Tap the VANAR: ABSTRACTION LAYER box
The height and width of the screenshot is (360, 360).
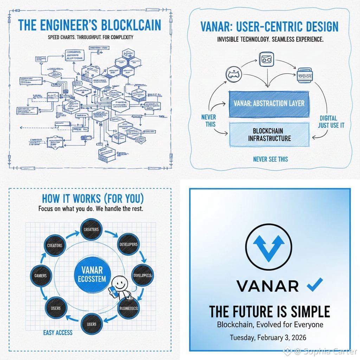(269, 104)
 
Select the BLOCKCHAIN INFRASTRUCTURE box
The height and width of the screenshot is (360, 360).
(269, 134)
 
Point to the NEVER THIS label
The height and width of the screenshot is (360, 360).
(208, 121)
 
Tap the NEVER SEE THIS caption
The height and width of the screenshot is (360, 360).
(270, 159)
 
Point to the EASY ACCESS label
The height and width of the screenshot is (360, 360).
(58, 332)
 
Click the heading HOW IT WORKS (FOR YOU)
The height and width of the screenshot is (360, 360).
(93, 199)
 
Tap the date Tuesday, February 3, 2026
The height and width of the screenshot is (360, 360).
(268, 337)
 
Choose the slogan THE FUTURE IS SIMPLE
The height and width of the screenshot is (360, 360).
(270, 311)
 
